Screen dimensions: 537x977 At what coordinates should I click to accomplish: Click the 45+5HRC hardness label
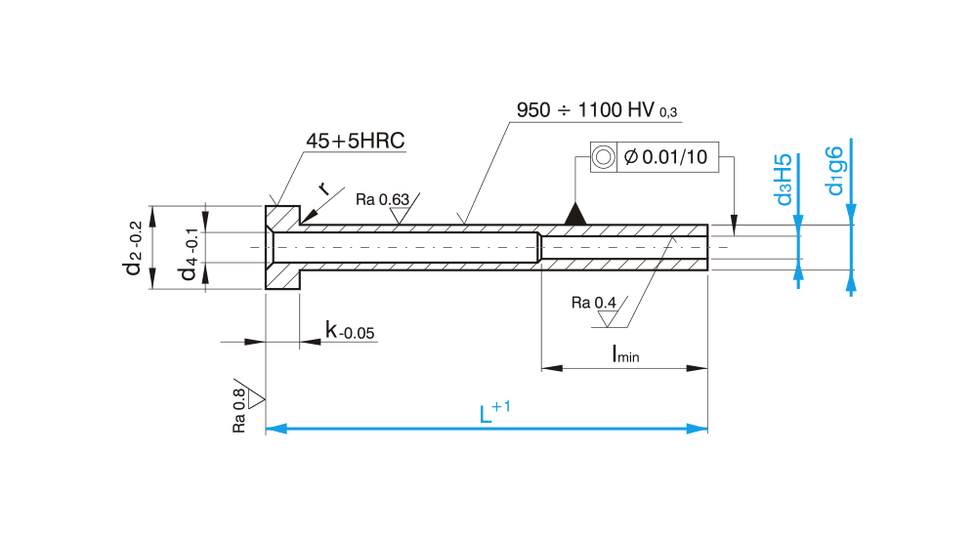pyautogui.click(x=355, y=142)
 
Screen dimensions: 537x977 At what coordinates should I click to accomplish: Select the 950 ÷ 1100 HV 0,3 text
pyautogui.click(x=597, y=110)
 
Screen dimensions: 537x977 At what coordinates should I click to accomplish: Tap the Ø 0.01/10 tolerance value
pyautogui.click(x=665, y=157)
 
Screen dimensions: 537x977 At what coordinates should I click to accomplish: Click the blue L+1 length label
pyautogui.click(x=494, y=414)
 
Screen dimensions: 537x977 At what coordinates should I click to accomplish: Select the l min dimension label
pyautogui.click(x=625, y=354)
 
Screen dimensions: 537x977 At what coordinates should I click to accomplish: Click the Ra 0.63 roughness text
pyautogui.click(x=382, y=200)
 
